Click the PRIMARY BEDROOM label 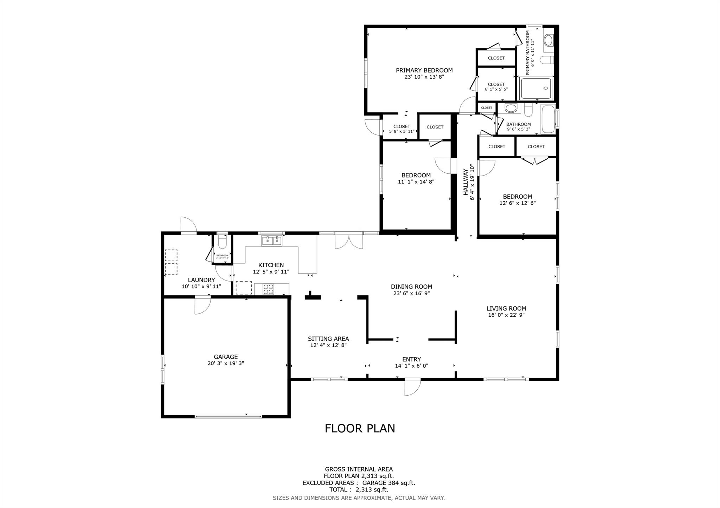point(424,70)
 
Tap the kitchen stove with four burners point(268,289)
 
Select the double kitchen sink point(271,241)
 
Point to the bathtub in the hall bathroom point(548,119)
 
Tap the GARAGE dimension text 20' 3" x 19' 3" point(225,363)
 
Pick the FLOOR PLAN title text point(360,428)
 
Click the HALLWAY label point(466,182)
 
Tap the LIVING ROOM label point(506,309)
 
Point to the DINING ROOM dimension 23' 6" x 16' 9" point(411,293)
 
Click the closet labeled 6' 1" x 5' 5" point(496,87)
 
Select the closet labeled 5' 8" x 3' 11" point(401,129)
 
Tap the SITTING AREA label point(328,339)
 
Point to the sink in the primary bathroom point(548,40)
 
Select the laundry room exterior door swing point(188,225)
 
